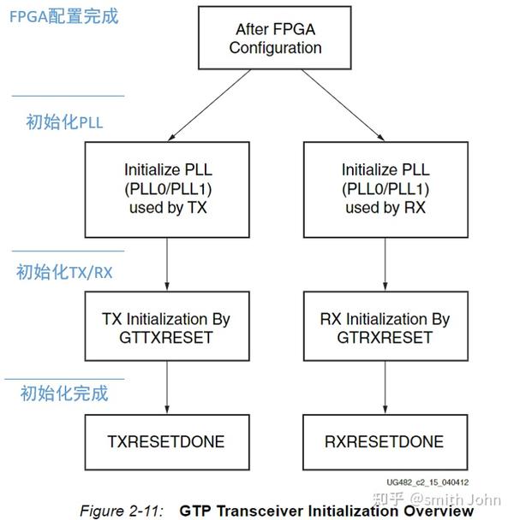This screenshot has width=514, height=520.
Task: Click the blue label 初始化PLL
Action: [64, 122]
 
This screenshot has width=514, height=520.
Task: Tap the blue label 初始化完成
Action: [64, 393]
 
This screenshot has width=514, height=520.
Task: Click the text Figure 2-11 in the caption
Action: [121, 511]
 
